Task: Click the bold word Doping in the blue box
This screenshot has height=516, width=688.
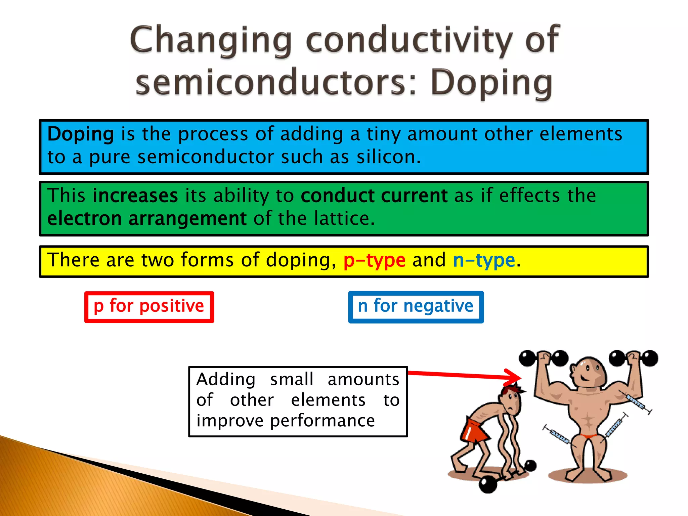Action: (x=81, y=134)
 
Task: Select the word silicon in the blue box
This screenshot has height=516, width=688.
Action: (x=388, y=157)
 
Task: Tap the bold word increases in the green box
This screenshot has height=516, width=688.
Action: (x=135, y=196)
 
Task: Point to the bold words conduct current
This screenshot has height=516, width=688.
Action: (x=374, y=196)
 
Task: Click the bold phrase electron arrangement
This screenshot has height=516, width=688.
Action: (x=147, y=219)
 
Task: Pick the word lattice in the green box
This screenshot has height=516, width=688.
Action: (x=344, y=219)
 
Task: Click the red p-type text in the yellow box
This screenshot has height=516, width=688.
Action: (x=374, y=261)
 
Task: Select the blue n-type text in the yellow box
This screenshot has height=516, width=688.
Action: (x=484, y=261)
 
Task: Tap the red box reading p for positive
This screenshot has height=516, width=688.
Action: (x=149, y=307)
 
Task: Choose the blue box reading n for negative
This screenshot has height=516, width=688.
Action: (x=416, y=307)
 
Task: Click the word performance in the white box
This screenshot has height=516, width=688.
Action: (x=322, y=421)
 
